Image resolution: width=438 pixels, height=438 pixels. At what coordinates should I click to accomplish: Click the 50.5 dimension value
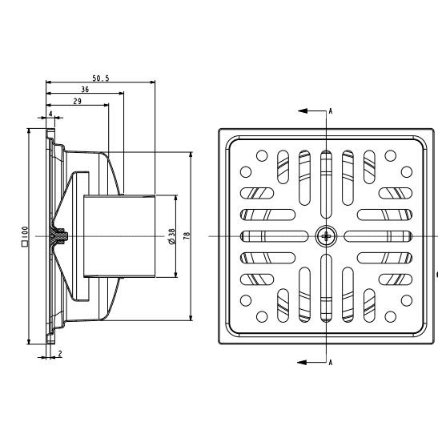(x=101, y=78)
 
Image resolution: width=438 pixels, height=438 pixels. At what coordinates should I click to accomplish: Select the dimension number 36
(x=85, y=90)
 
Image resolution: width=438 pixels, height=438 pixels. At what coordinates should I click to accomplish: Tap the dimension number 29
(x=78, y=101)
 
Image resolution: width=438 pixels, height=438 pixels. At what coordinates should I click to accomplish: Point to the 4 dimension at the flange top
(x=50, y=114)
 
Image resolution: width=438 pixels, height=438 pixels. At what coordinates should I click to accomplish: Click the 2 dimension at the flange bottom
(x=60, y=354)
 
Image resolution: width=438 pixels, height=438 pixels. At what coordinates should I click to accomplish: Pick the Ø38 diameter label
(x=172, y=236)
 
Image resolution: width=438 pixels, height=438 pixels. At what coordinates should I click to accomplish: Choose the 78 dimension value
(x=187, y=235)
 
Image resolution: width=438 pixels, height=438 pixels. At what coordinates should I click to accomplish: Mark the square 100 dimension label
(x=25, y=236)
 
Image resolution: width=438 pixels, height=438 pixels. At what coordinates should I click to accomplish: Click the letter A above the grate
(x=331, y=111)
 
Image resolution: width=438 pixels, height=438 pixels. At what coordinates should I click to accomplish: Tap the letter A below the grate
(x=331, y=363)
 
